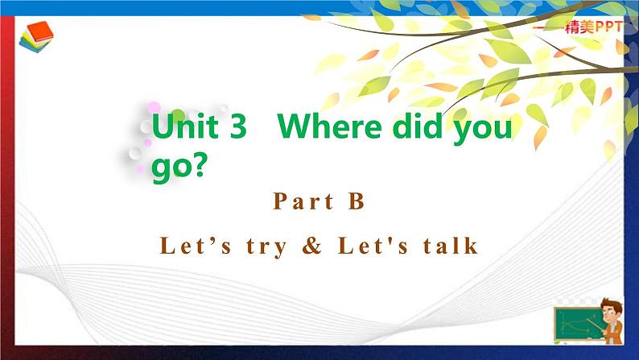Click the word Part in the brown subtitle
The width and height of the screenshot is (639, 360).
[303, 202]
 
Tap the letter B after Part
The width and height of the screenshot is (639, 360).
[357, 202]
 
